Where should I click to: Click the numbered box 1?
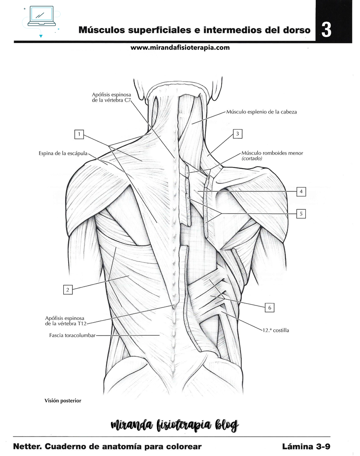(x=79, y=134)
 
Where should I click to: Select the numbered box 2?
(x=68, y=290)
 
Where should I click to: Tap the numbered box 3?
(x=238, y=134)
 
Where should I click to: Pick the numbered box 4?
(x=301, y=192)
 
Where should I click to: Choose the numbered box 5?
(x=301, y=214)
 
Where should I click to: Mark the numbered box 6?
(x=270, y=307)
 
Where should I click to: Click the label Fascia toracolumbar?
(x=72, y=335)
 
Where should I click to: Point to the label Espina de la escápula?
(x=63, y=153)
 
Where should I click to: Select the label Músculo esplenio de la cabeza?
(x=262, y=112)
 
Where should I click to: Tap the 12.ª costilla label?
(x=276, y=330)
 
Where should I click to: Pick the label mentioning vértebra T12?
(x=66, y=321)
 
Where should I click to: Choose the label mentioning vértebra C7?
(x=112, y=98)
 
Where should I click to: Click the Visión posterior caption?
(x=63, y=401)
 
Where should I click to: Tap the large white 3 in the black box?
(x=326, y=30)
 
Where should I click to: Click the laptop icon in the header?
(x=42, y=16)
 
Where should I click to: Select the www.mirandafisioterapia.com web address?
(x=180, y=48)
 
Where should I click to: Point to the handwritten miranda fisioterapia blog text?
(x=175, y=425)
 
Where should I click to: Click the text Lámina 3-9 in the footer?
(x=306, y=446)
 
